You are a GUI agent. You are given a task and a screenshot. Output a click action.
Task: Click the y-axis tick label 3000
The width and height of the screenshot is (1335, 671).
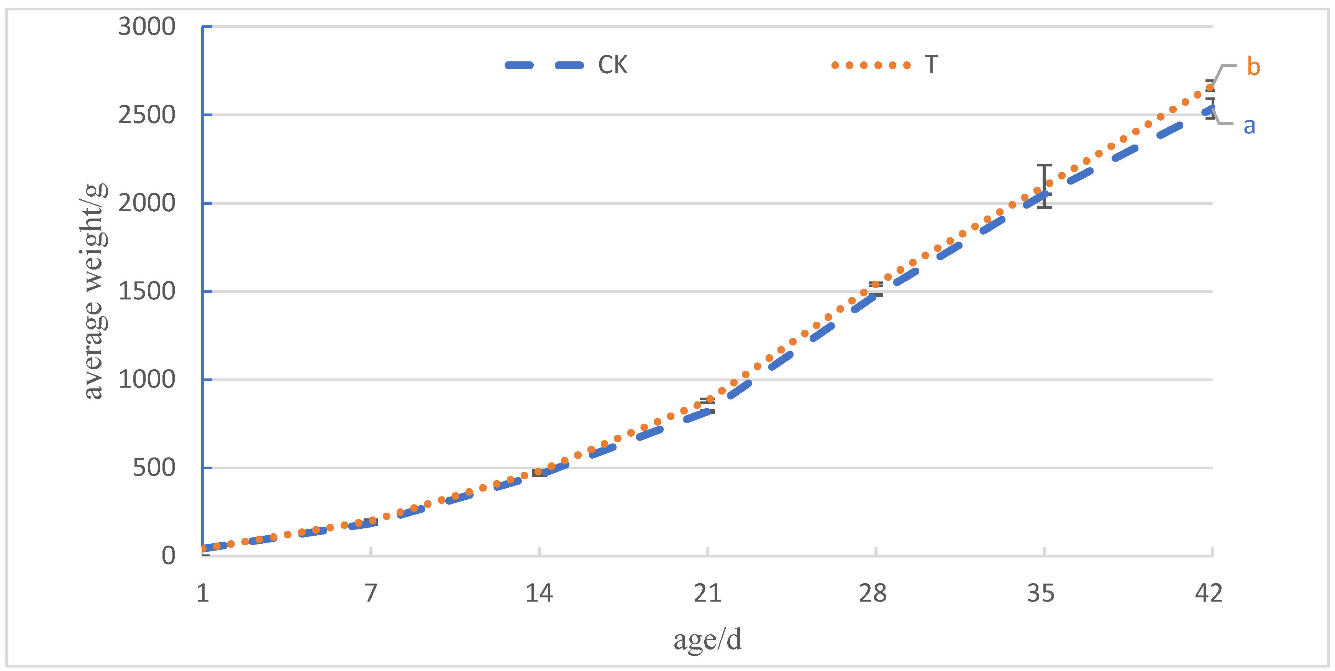[x=147, y=26]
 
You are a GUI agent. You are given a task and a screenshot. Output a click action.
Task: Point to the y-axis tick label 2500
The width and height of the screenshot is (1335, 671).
[x=147, y=115]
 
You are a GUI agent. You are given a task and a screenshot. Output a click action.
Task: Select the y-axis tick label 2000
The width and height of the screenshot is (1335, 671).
[x=147, y=203]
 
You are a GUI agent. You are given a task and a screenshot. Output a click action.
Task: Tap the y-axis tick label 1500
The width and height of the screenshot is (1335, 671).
[x=147, y=291]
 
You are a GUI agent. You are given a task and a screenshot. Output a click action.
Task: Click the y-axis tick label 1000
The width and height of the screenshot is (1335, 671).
[x=147, y=380]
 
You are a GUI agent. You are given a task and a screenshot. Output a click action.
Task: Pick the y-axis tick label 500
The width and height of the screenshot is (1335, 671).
[x=154, y=468]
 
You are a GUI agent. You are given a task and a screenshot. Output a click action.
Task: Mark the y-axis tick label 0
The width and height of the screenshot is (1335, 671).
[x=169, y=556]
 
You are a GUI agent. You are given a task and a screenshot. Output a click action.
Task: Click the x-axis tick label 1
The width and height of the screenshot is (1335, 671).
[x=203, y=593]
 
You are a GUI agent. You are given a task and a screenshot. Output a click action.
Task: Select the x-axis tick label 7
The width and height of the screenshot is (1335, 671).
[x=371, y=593]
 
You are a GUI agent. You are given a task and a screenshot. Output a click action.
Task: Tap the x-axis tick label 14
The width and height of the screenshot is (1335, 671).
[x=539, y=593]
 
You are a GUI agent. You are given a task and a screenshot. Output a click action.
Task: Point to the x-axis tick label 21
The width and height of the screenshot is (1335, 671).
[x=707, y=593]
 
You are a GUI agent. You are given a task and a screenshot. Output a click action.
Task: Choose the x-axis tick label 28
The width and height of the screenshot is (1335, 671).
[x=875, y=593]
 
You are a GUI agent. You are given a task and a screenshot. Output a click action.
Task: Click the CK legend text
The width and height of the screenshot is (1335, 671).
[x=613, y=65]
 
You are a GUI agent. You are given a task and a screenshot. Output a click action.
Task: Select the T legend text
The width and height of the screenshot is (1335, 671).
[x=931, y=65]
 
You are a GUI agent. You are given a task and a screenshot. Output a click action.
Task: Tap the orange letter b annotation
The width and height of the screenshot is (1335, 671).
[x=1253, y=67]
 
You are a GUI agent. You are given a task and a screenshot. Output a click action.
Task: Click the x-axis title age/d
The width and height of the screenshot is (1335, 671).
[x=707, y=640]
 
